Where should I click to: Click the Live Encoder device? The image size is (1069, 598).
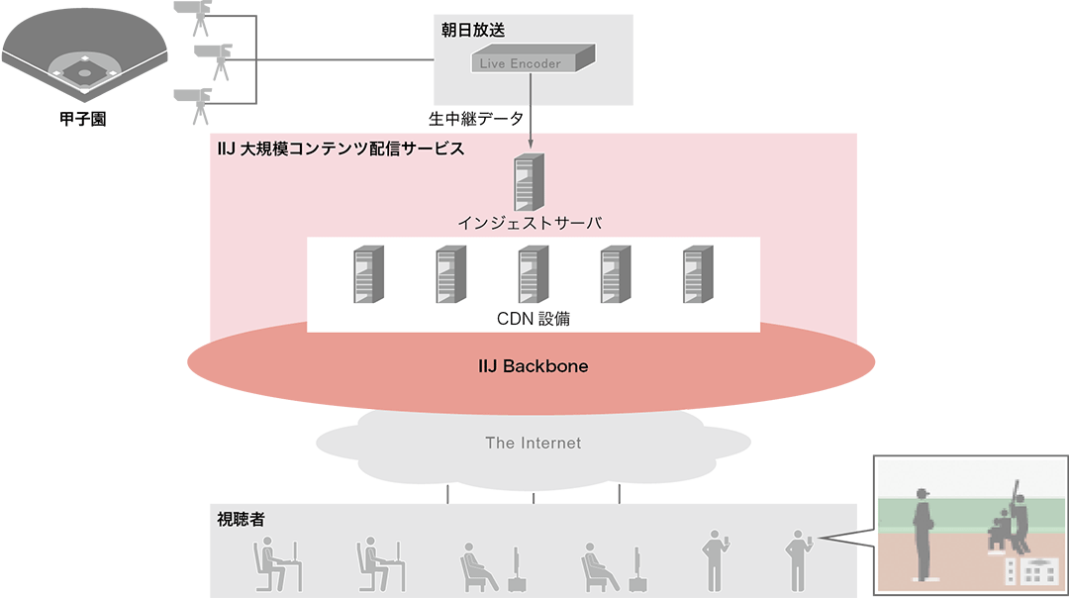coord(533,60)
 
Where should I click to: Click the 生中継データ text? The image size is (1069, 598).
coord(474,118)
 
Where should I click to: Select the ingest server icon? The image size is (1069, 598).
coord(531,181)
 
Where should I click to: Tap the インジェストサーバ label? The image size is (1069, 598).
coord(531,223)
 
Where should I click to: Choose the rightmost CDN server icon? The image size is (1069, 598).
coord(697,276)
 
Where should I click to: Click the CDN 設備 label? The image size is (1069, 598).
coord(533,319)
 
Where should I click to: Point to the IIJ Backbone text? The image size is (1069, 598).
coord(532,366)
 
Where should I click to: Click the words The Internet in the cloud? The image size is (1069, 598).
coord(533,443)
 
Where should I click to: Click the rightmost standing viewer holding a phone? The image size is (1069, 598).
coord(796,559)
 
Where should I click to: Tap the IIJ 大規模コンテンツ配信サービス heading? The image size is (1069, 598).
coord(340,149)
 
